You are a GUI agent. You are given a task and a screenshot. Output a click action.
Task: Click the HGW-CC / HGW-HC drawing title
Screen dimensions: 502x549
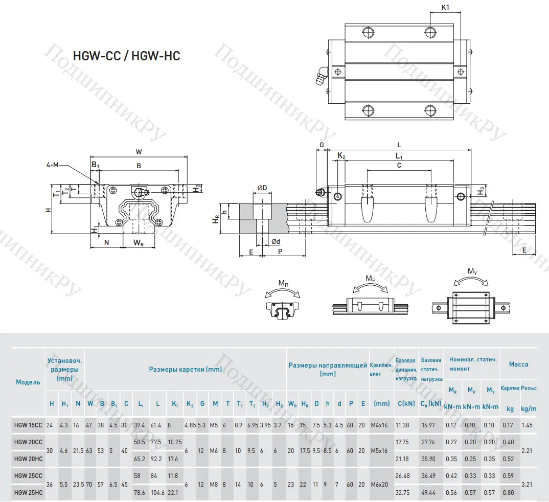click(127, 56)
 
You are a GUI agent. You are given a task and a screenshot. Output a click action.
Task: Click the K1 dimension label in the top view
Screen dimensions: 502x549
click(445, 7)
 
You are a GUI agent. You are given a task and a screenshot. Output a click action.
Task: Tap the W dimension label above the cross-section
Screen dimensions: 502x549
click(139, 151)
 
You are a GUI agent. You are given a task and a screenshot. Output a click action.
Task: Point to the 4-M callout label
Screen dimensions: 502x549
click(53, 165)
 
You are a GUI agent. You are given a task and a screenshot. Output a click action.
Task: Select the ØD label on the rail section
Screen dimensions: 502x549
click(262, 188)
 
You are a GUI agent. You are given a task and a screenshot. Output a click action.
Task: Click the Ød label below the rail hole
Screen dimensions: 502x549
click(275, 241)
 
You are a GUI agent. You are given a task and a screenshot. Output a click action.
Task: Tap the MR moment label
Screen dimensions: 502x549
click(283, 283)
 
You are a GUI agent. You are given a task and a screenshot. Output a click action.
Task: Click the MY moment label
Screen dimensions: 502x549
click(473, 271)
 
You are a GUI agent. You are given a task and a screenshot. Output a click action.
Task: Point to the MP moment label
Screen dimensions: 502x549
click(371, 278)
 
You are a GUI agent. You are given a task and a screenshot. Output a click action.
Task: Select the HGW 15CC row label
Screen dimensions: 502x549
click(28, 425)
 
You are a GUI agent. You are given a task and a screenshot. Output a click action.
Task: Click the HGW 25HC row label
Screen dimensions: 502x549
click(28, 492)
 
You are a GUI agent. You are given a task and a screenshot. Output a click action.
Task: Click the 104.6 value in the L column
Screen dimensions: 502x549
click(157, 492)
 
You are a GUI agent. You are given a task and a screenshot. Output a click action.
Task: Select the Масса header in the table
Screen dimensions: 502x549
click(518, 364)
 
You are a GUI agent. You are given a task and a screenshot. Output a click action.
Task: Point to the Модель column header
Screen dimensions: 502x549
click(28, 382)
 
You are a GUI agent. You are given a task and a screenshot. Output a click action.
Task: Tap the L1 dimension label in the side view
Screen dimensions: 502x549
click(399, 156)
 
